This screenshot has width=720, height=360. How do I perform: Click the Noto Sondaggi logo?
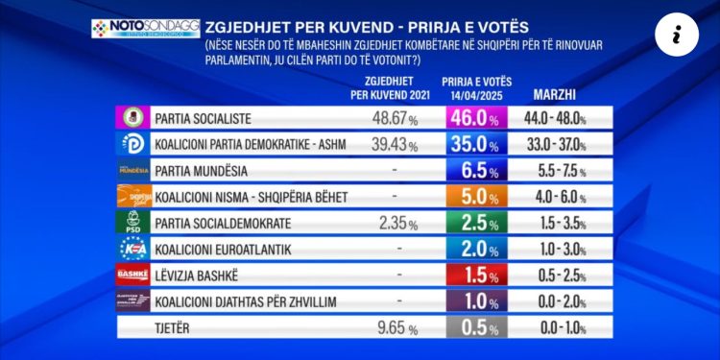coord(132,28)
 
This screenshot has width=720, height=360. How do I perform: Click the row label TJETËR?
coord(174,328)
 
